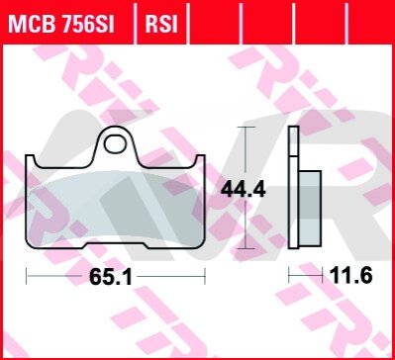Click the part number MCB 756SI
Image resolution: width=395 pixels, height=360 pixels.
61,24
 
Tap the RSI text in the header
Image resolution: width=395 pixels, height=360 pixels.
161,24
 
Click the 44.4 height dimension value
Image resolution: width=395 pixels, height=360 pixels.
244,190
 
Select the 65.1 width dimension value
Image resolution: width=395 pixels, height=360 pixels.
110,277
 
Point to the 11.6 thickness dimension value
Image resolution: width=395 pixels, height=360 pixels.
350,276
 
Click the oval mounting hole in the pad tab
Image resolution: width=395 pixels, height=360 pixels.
115,144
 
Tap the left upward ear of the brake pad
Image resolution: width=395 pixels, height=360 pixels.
30,160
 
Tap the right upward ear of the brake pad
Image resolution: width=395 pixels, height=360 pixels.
200,160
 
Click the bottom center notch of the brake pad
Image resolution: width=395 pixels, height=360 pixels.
115,245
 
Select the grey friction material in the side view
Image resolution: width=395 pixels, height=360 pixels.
310,209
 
